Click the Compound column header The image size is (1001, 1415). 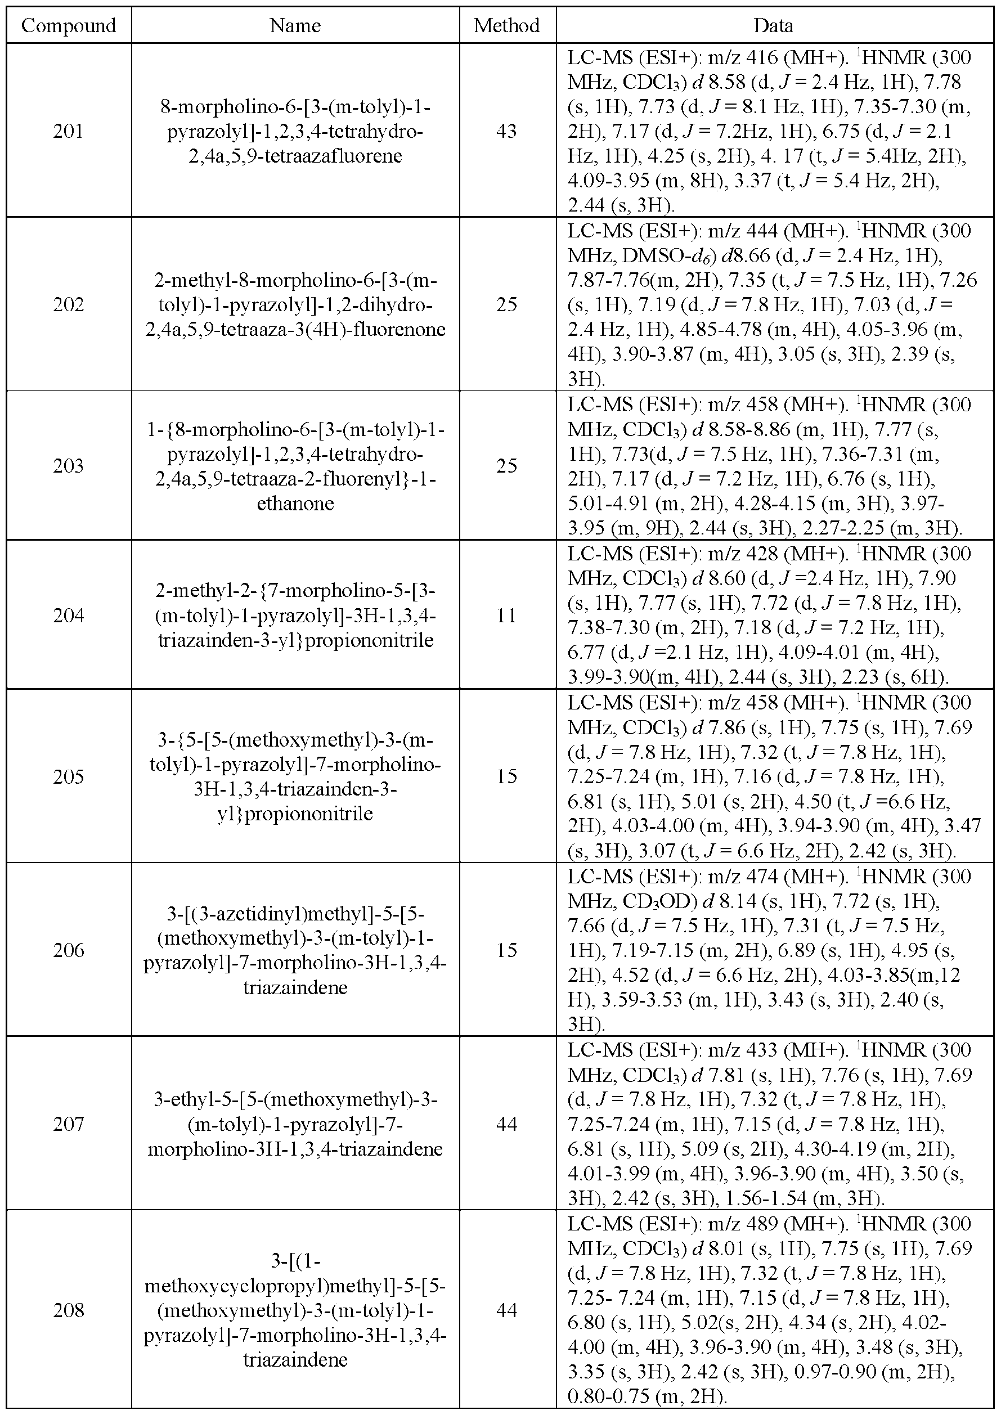69,25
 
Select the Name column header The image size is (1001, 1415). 295,25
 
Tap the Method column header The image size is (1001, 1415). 506,25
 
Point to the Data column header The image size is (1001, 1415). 774,25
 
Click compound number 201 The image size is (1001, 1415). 69,131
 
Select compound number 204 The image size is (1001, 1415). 69,615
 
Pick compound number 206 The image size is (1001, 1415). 69,950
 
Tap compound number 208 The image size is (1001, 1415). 69,1310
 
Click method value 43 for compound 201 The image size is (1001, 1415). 506,131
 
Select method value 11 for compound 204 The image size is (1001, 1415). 506,615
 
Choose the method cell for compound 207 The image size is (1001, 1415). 506,1124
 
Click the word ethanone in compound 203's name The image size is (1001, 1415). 295,504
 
